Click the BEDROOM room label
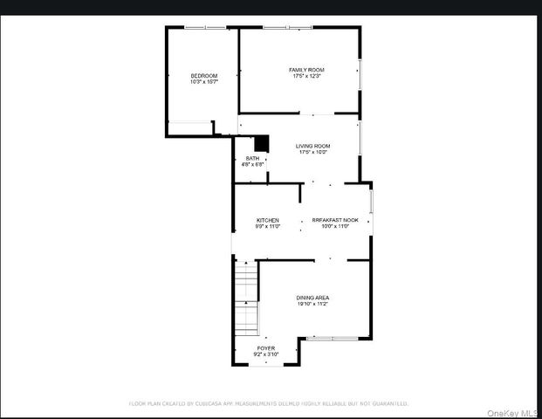(x=203, y=76)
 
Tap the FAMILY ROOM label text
(x=307, y=69)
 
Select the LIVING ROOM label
(x=312, y=146)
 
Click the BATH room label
(x=252, y=158)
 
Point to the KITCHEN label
(x=267, y=220)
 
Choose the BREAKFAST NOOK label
(x=335, y=220)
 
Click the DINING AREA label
(x=312, y=298)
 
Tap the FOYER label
(x=265, y=347)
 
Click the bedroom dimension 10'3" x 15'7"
(x=203, y=82)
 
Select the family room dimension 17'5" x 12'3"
(x=307, y=76)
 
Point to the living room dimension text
(x=312, y=153)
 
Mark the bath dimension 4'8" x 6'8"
(x=252, y=164)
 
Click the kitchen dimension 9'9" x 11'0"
(x=267, y=227)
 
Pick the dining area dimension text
(x=312, y=305)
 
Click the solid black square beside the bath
(x=260, y=144)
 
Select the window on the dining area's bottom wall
(x=333, y=337)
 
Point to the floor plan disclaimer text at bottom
(x=269, y=403)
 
